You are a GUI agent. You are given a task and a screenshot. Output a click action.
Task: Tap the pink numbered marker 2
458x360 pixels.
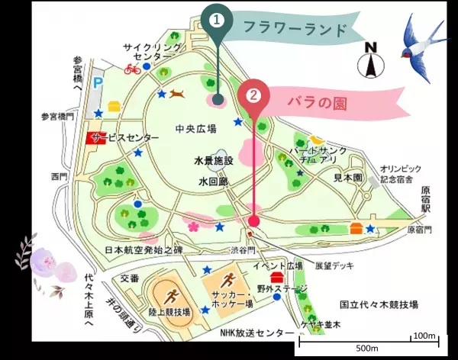coord(254,97)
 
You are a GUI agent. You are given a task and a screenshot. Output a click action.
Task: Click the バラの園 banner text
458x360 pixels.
coord(317,102)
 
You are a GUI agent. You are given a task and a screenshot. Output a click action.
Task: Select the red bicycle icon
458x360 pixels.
coord(131,70)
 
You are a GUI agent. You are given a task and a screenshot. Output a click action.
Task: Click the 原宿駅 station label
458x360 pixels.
coord(427,198)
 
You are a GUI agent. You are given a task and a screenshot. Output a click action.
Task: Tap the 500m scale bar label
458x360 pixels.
coord(367,349)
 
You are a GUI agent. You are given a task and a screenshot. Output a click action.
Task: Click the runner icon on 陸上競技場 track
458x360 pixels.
coord(172,292)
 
